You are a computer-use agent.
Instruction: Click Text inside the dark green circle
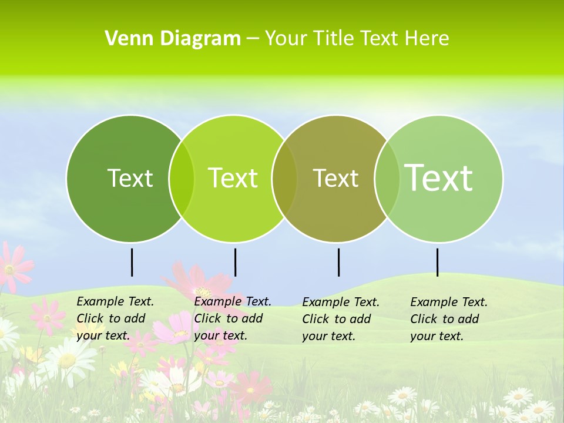[x=130, y=178]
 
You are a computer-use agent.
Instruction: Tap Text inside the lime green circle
[x=233, y=178]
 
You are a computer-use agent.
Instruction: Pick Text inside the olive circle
[x=335, y=178]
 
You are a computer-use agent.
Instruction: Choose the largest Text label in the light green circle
[x=439, y=177]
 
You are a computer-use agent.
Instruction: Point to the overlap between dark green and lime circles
[x=182, y=178]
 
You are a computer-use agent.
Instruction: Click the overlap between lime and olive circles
[x=284, y=178]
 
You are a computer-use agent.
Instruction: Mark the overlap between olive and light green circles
[x=387, y=178]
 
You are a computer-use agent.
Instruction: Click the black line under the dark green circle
[x=132, y=262]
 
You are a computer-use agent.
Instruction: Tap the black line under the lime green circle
[x=235, y=262]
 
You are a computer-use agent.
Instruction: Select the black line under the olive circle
[x=338, y=262]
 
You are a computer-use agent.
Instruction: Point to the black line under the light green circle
[x=437, y=262]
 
